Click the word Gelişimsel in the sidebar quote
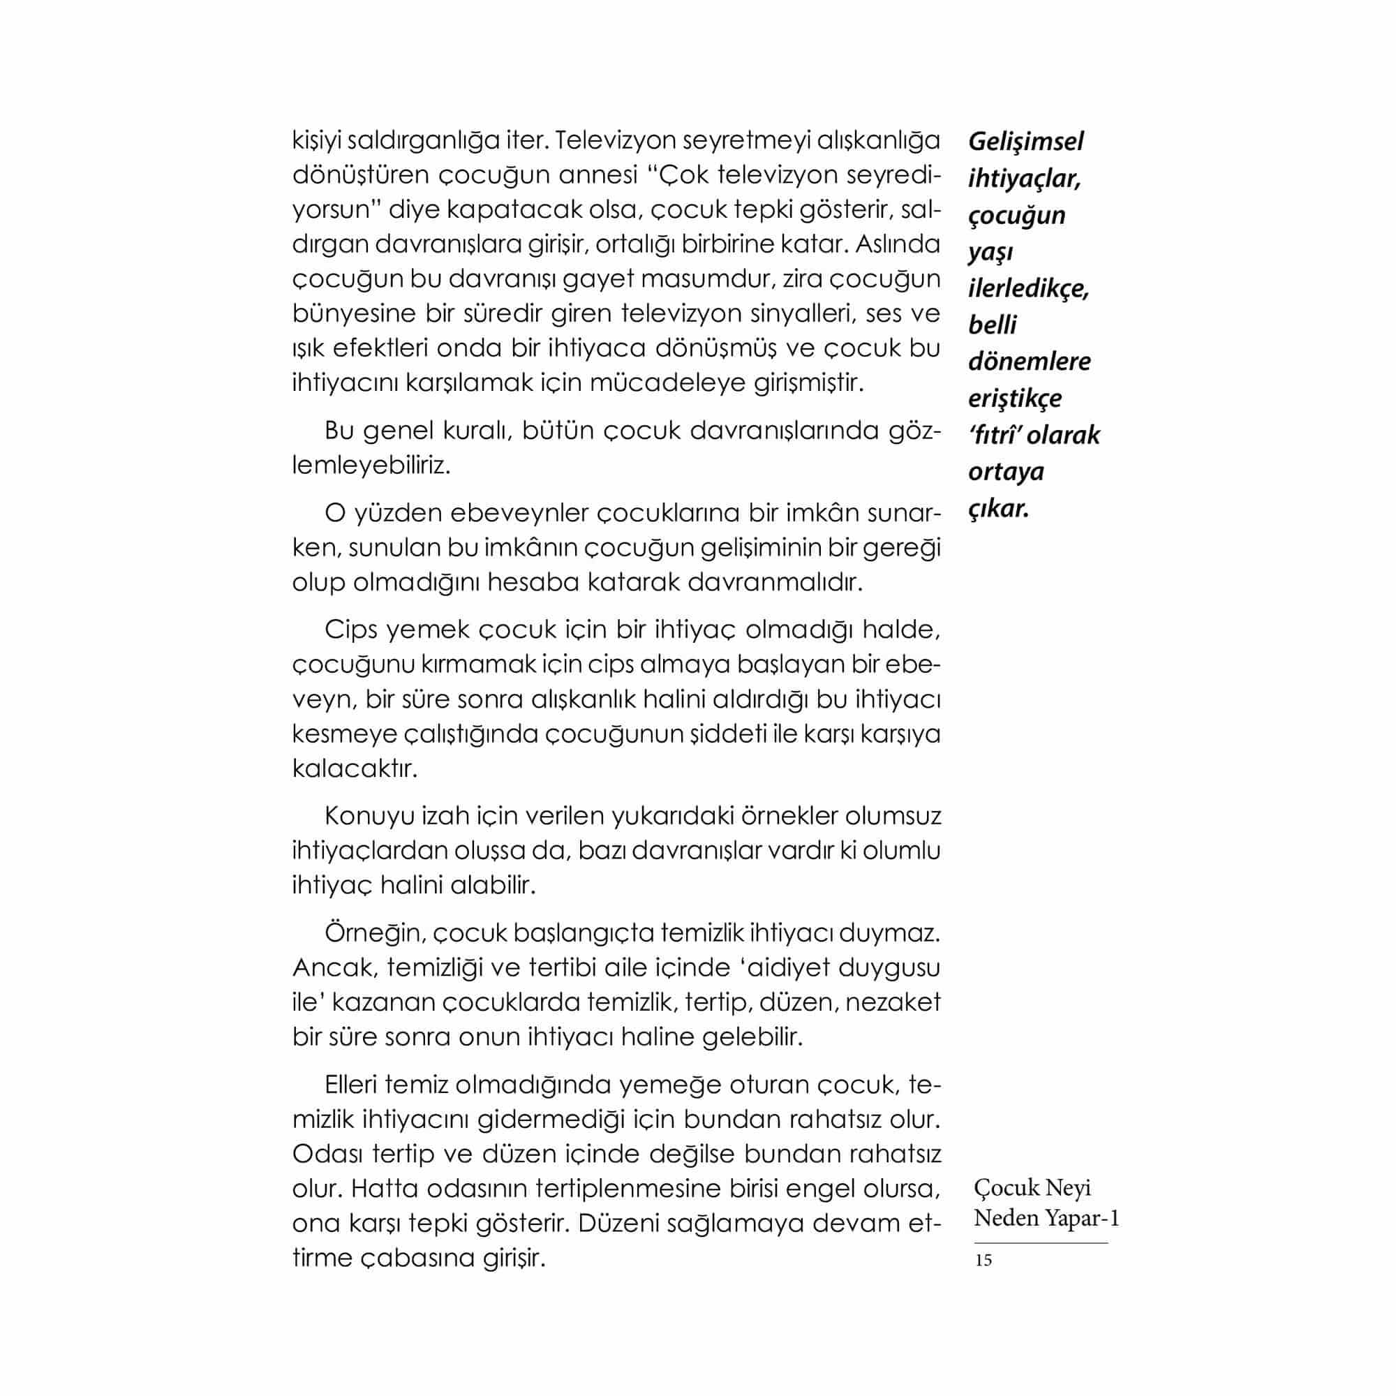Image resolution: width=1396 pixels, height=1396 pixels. click(x=1025, y=142)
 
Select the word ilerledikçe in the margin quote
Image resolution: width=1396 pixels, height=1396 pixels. click(x=1028, y=288)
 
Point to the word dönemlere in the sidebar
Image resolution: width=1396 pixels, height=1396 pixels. click(x=1029, y=362)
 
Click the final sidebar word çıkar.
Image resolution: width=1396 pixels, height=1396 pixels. click(x=998, y=509)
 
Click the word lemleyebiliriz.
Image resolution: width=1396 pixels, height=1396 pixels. click(x=371, y=466)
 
